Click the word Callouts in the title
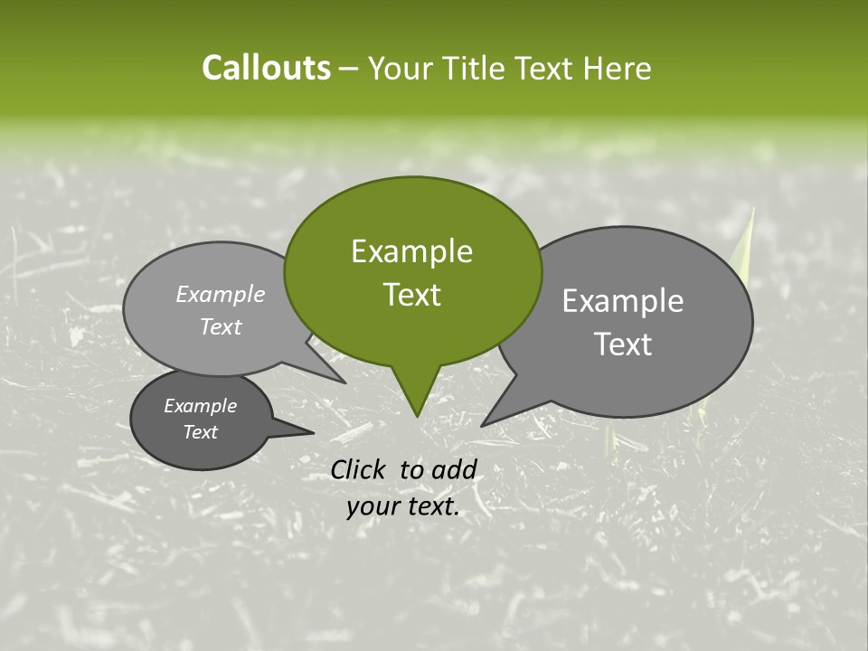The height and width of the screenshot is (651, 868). coord(266,68)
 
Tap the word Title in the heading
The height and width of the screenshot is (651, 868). coord(476,68)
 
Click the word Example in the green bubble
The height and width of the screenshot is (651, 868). coord(411,251)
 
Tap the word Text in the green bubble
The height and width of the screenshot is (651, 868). coord(412,295)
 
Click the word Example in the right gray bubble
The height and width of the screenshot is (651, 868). coord(623,301)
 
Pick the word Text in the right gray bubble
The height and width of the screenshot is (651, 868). coord(623,344)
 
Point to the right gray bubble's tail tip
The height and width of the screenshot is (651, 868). coord(482,425)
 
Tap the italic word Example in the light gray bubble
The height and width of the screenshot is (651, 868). coord(221,295)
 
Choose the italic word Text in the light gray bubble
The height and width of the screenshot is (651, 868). coord(221,327)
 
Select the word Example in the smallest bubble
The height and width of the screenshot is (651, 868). coord(200,406)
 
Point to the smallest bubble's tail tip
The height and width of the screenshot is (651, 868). coord(313,433)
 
